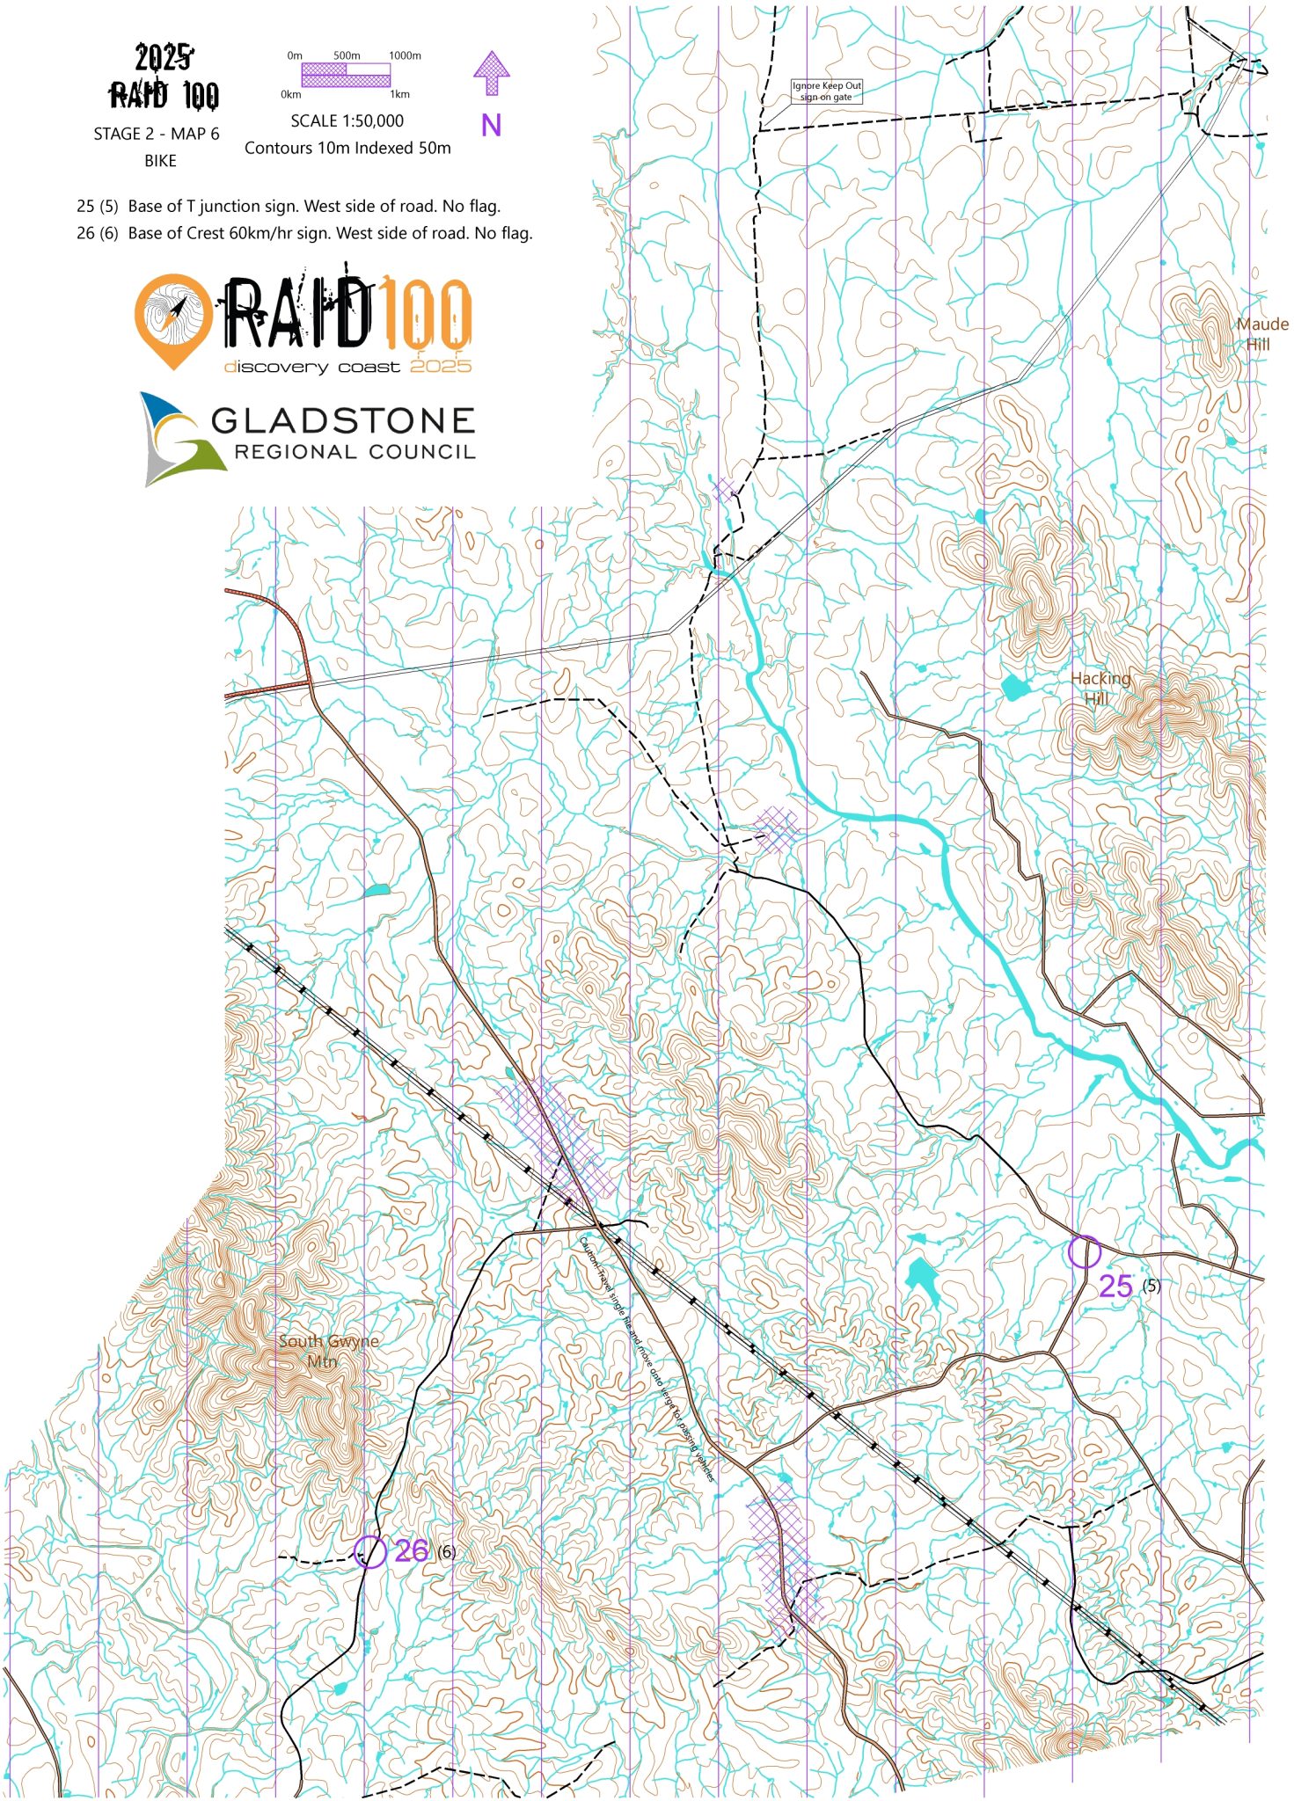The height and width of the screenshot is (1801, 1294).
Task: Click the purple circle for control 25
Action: point(1084,1250)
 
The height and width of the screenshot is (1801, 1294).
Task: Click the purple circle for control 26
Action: point(369,1551)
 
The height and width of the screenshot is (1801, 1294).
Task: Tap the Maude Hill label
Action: point(1261,333)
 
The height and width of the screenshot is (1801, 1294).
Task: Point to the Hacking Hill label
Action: point(1100,688)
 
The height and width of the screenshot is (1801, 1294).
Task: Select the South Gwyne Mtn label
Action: point(328,1351)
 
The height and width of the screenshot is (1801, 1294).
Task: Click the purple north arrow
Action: point(491,72)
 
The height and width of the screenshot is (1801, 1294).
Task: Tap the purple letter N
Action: point(491,126)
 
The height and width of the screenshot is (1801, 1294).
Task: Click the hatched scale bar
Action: point(346,75)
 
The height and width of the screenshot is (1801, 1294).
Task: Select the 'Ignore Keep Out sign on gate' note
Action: point(826,91)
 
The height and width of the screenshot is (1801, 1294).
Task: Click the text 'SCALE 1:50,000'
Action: point(347,120)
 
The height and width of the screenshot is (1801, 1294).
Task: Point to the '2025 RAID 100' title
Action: point(164,77)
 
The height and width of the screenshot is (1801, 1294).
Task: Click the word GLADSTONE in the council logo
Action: point(343,420)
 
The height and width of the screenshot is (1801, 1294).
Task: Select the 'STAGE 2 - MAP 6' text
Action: point(157,134)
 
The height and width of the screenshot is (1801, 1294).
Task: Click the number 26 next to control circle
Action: point(411,1550)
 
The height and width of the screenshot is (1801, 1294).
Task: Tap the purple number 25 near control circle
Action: point(1115,1286)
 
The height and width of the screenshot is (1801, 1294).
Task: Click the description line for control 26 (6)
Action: point(304,233)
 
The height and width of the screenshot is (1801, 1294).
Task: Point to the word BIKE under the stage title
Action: point(160,161)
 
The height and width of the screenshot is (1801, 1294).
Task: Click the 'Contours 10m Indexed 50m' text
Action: point(347,148)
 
